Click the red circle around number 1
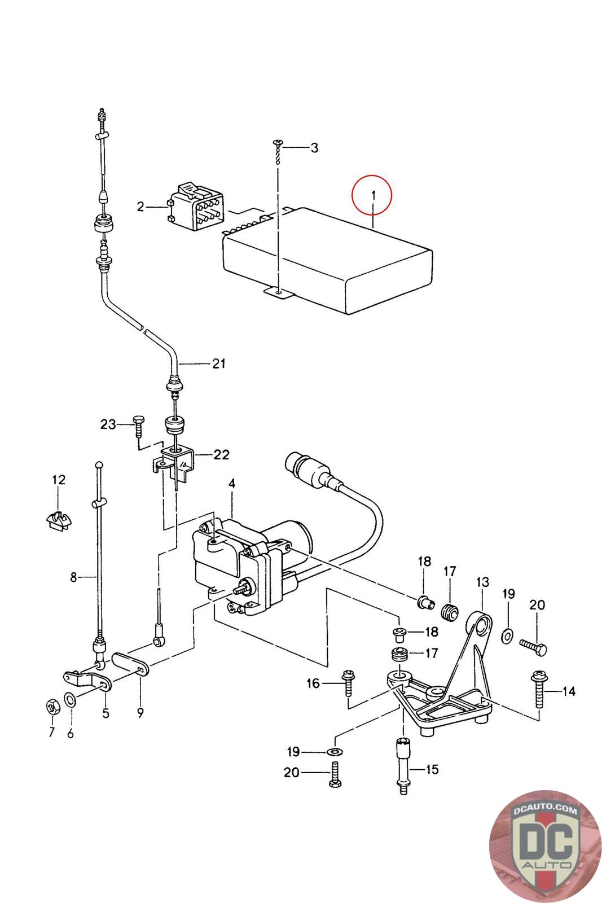coord(371,195)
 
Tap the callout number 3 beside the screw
coord(314,148)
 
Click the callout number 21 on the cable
coord(219,363)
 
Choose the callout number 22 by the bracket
coord(221,454)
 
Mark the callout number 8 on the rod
coord(73,577)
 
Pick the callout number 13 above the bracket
coord(482,582)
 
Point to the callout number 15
coord(432,769)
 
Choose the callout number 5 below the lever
coord(106,713)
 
